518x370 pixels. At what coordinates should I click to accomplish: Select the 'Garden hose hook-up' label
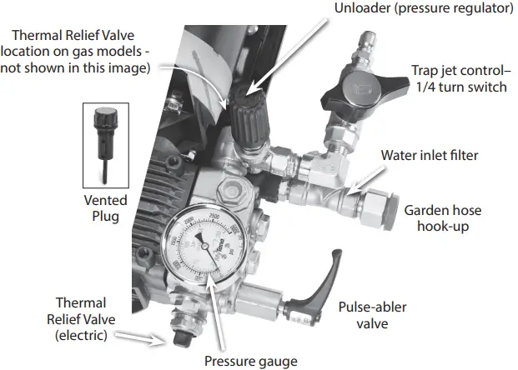[x=447, y=218]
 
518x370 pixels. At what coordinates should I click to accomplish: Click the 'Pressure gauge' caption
[x=251, y=360]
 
